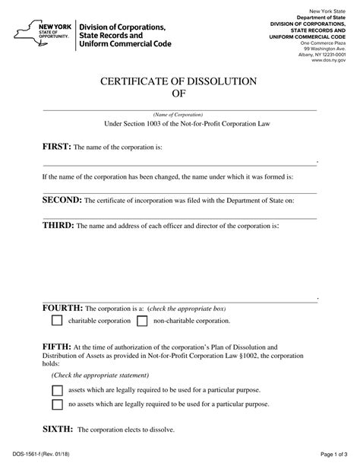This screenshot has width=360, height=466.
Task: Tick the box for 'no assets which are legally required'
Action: click(56, 405)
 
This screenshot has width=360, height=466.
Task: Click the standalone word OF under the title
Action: click(179, 95)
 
